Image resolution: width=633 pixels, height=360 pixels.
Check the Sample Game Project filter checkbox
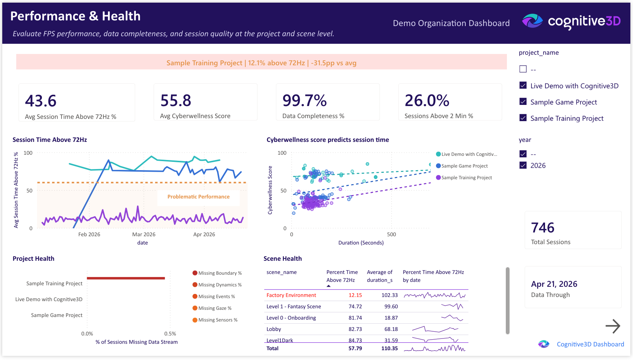(523, 102)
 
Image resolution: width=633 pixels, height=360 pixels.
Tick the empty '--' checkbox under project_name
(523, 69)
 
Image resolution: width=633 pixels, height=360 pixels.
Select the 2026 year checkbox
(523, 165)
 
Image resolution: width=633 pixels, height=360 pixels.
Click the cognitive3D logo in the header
(571, 22)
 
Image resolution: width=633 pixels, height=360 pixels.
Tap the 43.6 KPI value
(41, 101)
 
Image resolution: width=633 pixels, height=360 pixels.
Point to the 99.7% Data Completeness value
(304, 100)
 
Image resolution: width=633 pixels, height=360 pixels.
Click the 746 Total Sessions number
(542, 228)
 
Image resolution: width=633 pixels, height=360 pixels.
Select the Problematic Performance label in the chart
(198, 197)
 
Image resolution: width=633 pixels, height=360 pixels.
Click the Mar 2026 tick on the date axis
(143, 234)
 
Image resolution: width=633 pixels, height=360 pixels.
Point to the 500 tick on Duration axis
(391, 234)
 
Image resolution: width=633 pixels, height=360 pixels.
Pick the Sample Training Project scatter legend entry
(466, 177)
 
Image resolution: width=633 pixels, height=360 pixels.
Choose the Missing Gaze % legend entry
(214, 308)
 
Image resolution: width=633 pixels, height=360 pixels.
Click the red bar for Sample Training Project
(126, 278)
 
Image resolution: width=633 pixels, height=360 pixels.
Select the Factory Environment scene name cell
(291, 295)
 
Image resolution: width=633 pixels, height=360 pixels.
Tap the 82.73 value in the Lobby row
(355, 329)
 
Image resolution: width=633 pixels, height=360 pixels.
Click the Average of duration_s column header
(379, 276)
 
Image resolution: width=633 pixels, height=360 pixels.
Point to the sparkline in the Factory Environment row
(434, 295)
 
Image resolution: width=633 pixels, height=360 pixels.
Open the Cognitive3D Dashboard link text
(590, 344)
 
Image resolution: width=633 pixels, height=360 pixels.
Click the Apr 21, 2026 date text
(554, 284)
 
